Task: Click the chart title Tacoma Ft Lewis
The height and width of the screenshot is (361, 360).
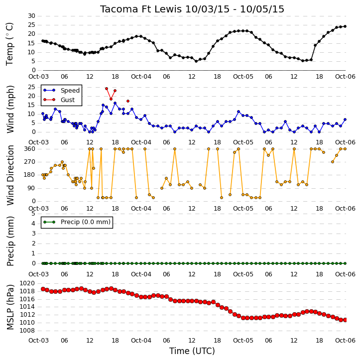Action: tap(141, 9)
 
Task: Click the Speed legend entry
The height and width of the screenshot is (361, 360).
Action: tap(61, 91)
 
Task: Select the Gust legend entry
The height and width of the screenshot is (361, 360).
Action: tap(59, 100)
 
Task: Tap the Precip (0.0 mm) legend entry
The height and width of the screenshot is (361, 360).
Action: tap(77, 222)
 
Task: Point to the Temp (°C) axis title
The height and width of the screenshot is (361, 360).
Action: tap(9, 44)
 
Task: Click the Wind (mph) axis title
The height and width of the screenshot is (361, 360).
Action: tap(10, 109)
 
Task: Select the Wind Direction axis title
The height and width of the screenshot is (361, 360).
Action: tap(10, 175)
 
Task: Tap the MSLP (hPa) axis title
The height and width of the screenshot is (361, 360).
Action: tap(10, 307)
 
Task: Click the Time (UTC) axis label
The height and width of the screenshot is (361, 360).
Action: tap(192, 351)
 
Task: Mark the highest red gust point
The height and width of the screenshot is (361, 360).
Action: tap(107, 89)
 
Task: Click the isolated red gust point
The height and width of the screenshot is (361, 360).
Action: tap(128, 101)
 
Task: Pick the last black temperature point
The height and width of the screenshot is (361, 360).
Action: tap(345, 26)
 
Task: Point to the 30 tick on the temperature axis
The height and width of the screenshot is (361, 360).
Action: tap(31, 16)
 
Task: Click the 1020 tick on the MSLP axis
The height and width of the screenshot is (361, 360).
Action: tap(27, 283)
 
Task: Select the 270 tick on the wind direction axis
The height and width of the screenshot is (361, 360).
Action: tap(30, 162)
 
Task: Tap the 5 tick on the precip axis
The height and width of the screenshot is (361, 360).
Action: tap(33, 214)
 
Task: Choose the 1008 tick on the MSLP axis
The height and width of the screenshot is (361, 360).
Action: tap(27, 331)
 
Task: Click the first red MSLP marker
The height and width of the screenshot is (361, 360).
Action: tap(43, 289)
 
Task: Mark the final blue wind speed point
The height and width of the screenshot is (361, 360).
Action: tap(345, 120)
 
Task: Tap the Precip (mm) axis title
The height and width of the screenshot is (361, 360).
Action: tap(10, 241)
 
